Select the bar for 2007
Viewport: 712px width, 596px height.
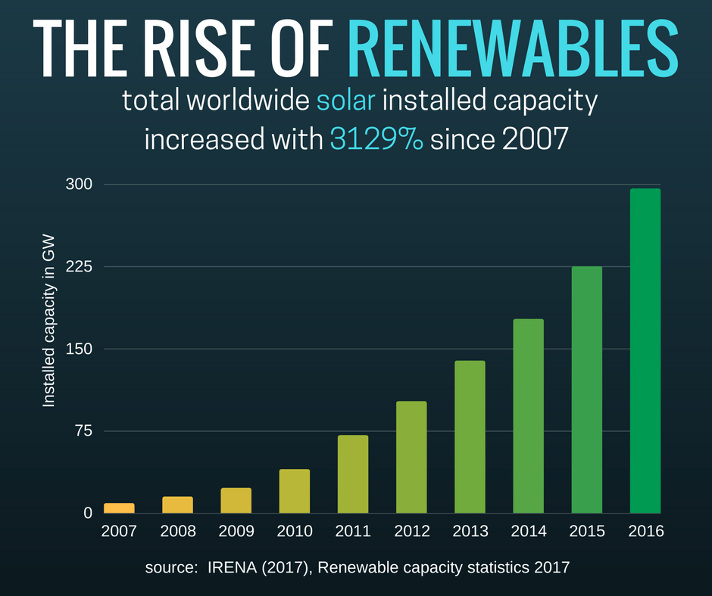pyautogui.click(x=119, y=508)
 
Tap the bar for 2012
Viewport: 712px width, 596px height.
pyautogui.click(x=411, y=457)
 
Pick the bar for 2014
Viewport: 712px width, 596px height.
pyautogui.click(x=528, y=416)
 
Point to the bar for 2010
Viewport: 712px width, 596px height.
pyautogui.click(x=295, y=491)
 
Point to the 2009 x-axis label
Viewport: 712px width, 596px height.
pyautogui.click(x=236, y=532)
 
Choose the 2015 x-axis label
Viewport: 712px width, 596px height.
pyautogui.click(x=587, y=532)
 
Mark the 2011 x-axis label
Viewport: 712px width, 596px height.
pyautogui.click(x=353, y=532)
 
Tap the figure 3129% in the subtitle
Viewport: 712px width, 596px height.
pyautogui.click(x=376, y=138)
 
